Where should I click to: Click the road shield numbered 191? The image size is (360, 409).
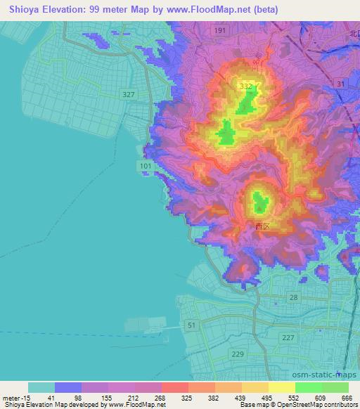point(220,32)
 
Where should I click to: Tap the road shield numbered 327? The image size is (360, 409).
point(128,94)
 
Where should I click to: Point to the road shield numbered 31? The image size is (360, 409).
point(341,84)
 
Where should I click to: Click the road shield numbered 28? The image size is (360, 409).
point(293,298)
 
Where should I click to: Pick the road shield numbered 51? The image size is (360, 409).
point(192,325)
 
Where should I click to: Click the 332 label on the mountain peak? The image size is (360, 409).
point(245,86)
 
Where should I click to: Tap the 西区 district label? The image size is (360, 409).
point(262,226)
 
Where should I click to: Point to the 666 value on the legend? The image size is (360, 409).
point(347,397)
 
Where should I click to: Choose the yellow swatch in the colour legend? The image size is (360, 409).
point(281,387)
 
